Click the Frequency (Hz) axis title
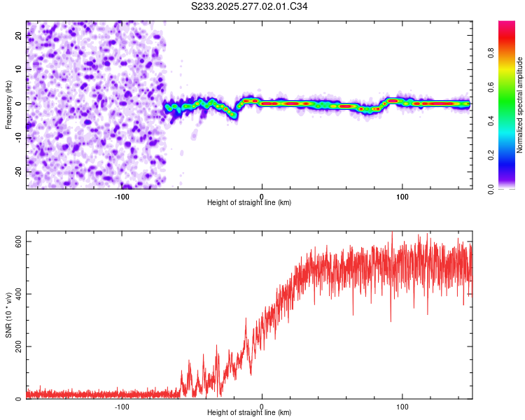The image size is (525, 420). point(8,104)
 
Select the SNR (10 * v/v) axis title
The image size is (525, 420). point(8,318)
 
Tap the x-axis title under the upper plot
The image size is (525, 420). point(249,202)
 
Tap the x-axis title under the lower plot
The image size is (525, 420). point(249,413)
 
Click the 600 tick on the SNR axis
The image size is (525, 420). point(15,241)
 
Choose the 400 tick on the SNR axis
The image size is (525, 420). point(15,294)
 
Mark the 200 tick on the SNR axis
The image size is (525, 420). point(15,346)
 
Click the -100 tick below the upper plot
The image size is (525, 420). point(122,195)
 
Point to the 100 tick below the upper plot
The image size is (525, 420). point(402,195)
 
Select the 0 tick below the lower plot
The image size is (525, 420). point(262,406)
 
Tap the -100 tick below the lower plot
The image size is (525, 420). point(122,406)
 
